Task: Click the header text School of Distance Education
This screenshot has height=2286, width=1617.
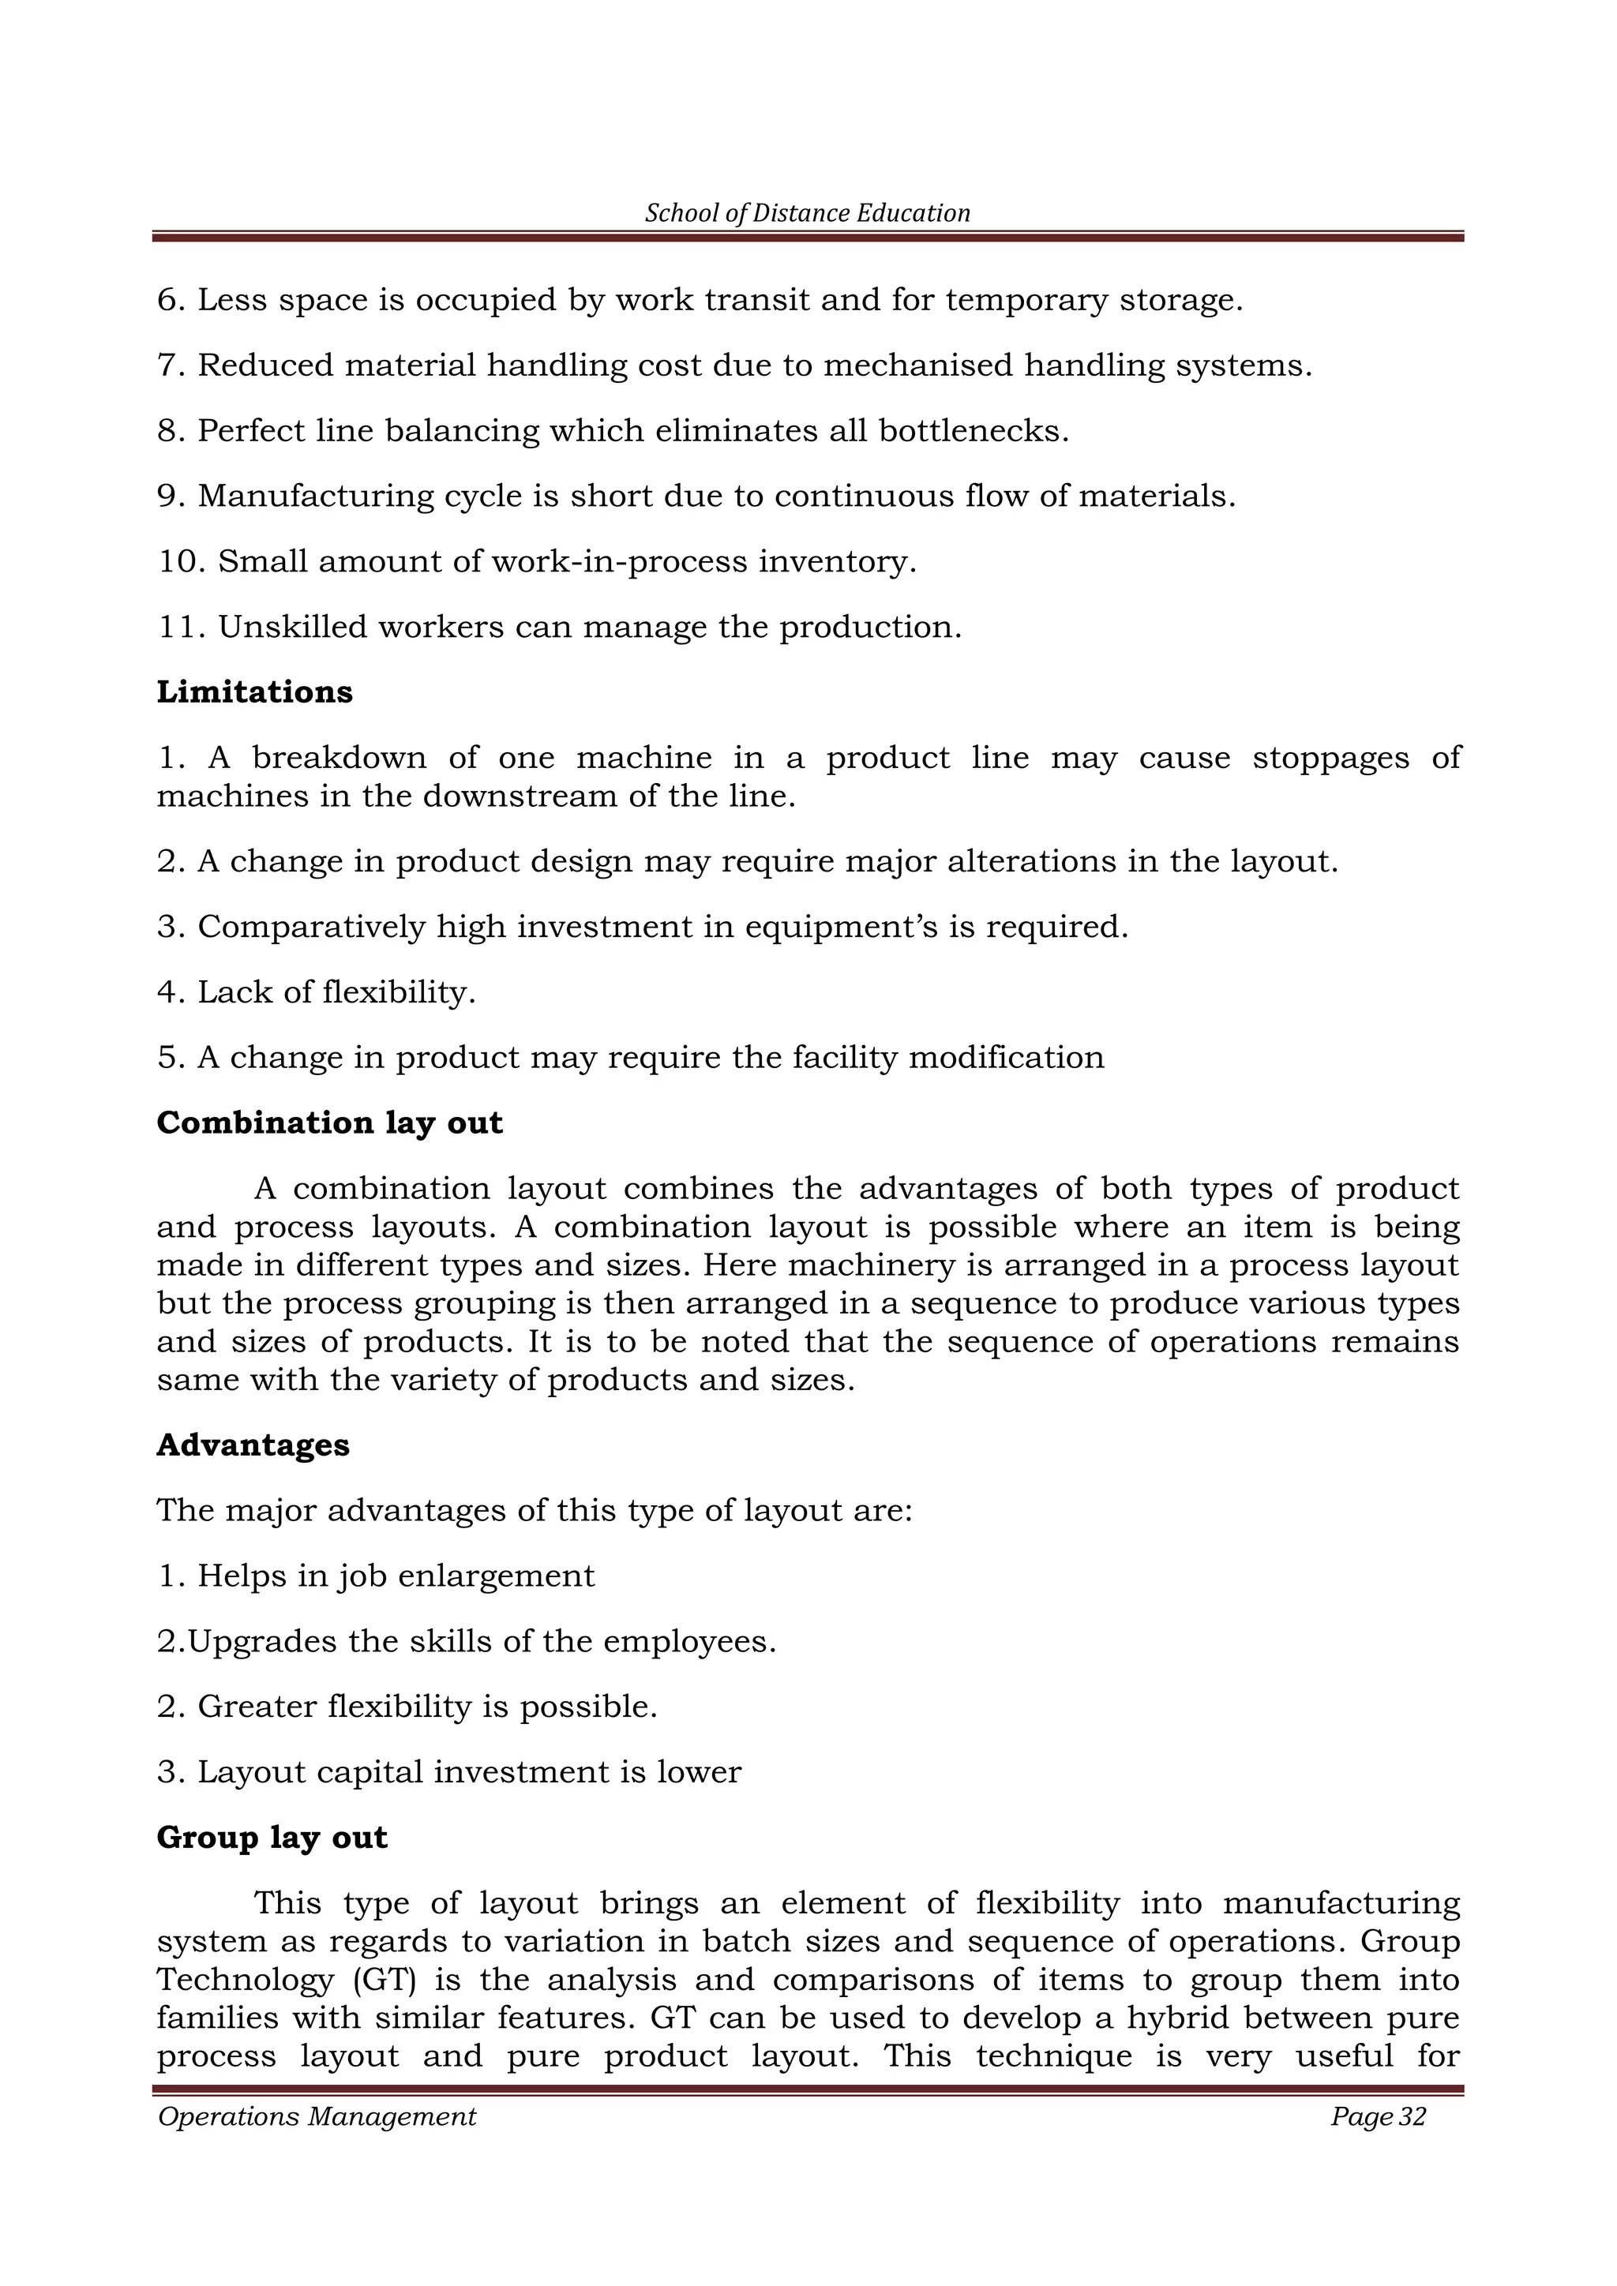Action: coord(808,213)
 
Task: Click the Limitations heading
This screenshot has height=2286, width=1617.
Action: coord(254,692)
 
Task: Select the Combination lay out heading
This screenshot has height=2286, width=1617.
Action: coord(329,1123)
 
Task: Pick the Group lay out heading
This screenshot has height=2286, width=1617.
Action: coord(272,1837)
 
